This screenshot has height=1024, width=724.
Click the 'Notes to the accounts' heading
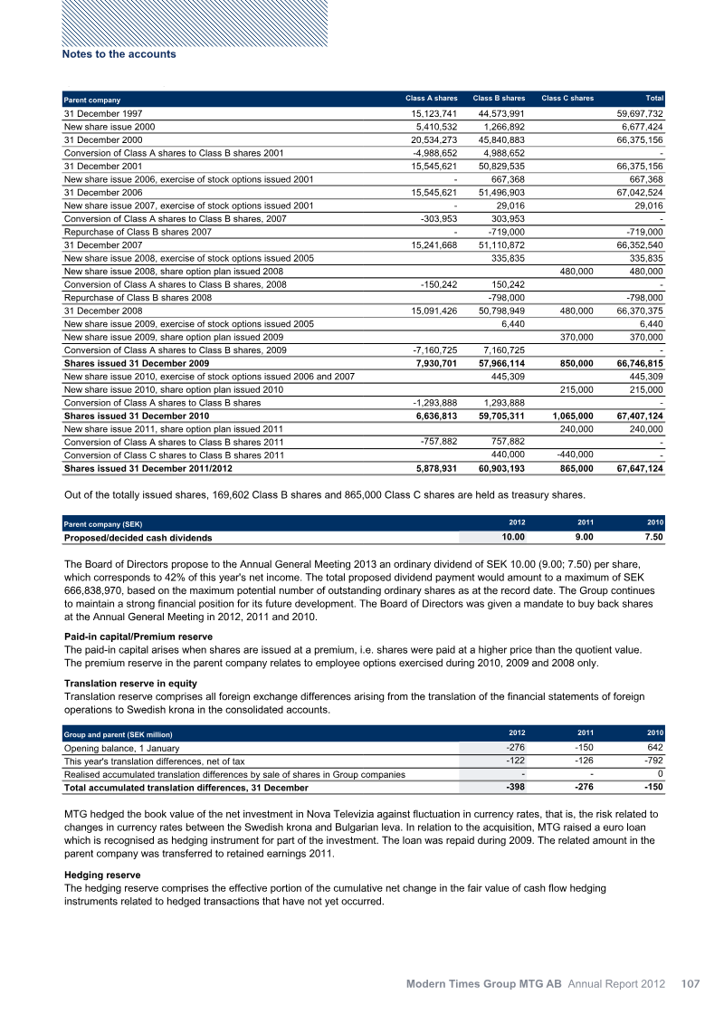(x=119, y=54)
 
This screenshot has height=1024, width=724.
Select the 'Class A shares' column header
(x=432, y=98)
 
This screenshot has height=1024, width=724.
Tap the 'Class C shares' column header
(x=567, y=98)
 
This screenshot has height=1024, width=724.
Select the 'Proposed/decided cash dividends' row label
(x=138, y=538)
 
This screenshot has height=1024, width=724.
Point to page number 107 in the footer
(x=691, y=983)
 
